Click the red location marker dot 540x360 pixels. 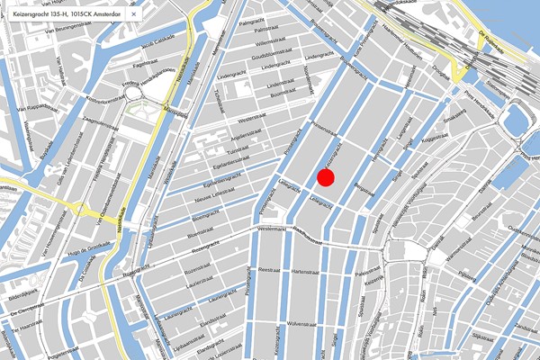326,176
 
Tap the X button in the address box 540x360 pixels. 134,14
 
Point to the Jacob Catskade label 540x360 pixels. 157,43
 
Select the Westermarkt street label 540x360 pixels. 275,231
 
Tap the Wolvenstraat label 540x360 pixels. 302,321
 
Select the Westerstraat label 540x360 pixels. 253,119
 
